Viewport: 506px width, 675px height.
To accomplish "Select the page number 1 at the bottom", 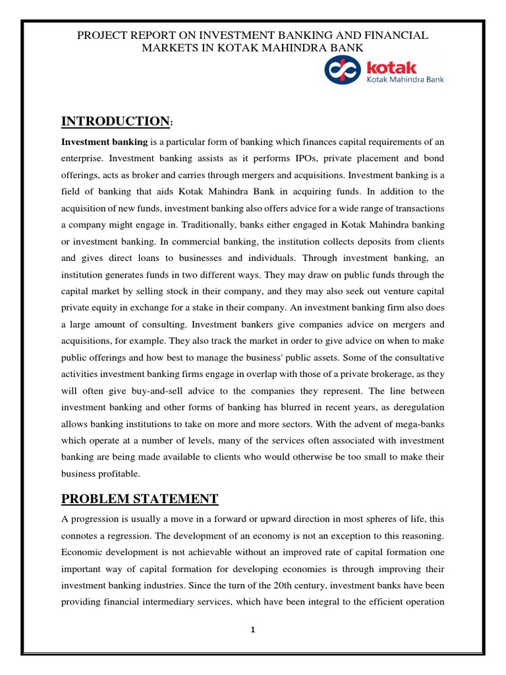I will [x=252, y=630].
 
